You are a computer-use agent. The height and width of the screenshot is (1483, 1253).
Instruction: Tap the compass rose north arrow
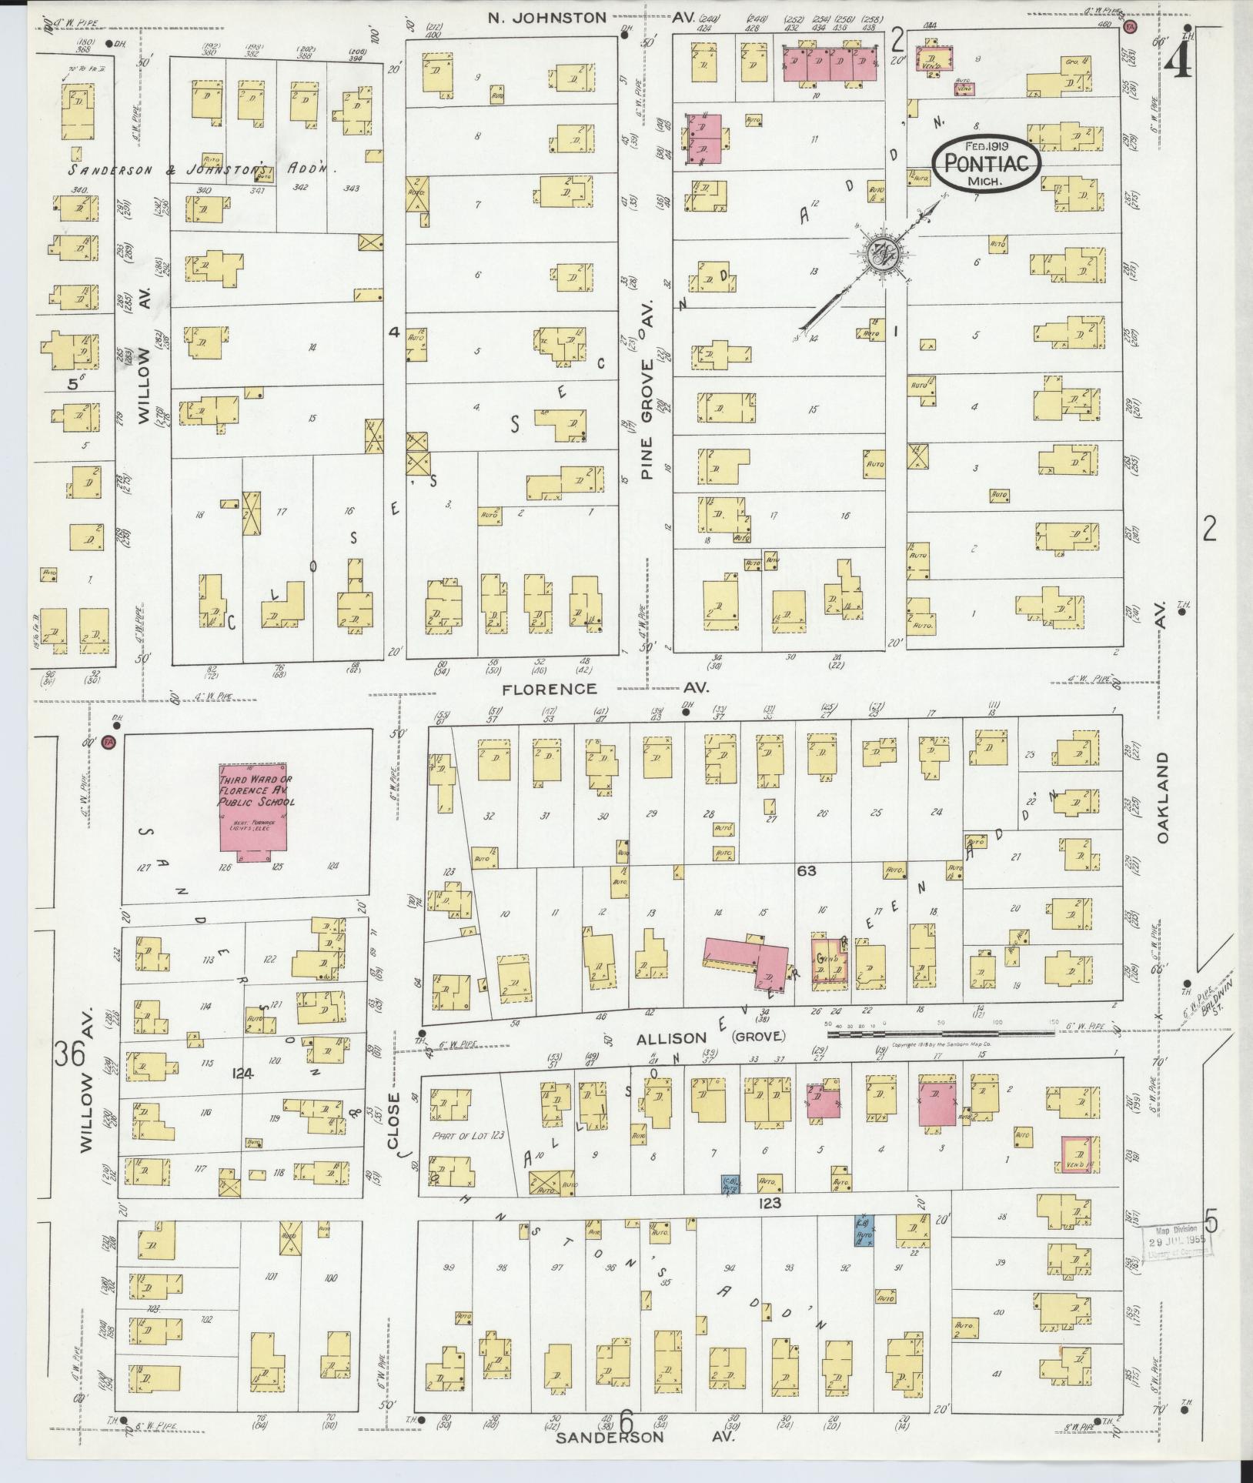882,253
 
